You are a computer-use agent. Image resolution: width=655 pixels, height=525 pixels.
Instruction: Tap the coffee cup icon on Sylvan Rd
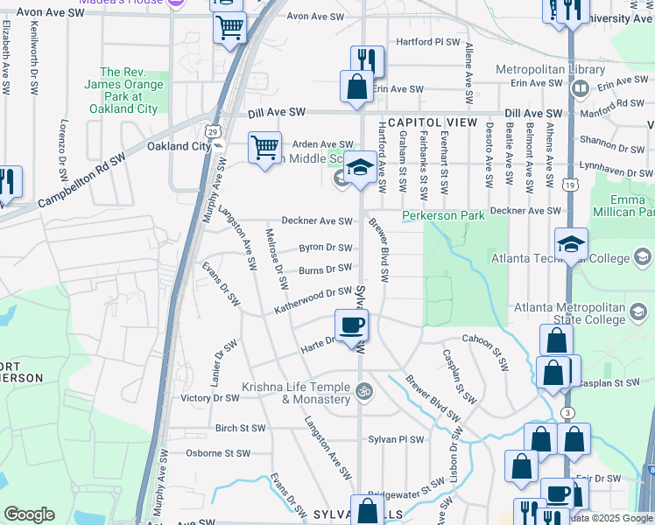coord(352,325)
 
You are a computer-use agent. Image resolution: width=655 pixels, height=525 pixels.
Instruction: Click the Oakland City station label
coord(179,146)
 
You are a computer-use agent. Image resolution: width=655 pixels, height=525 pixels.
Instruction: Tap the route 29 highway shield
coord(213,130)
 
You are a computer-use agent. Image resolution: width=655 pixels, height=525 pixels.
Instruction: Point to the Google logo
coord(29,514)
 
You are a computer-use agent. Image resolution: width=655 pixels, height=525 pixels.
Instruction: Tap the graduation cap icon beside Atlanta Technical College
coord(571,245)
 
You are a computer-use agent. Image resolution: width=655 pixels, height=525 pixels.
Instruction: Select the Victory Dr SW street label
coord(209,398)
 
